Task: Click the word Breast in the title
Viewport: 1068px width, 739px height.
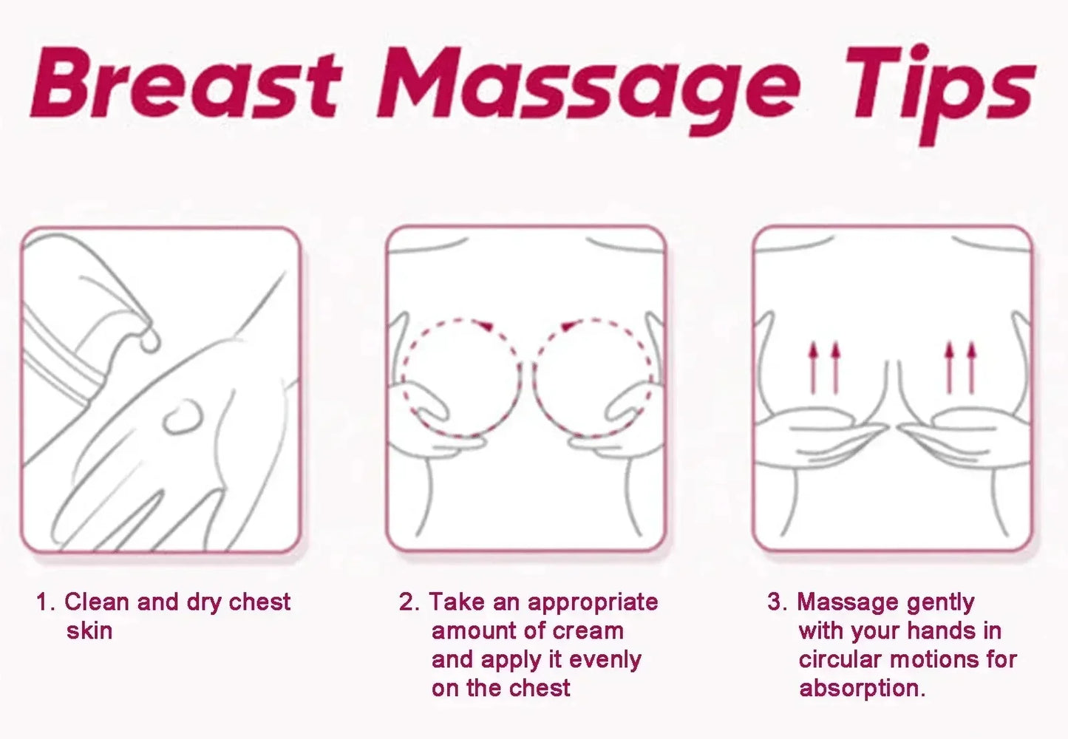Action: (185, 85)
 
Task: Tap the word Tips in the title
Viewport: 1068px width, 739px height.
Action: (939, 89)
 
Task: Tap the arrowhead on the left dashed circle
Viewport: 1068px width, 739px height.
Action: (484, 325)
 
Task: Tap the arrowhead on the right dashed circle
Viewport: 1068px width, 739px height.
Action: (568, 326)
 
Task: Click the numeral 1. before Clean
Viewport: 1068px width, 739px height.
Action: (45, 602)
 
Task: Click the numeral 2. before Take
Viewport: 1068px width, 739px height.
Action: (409, 602)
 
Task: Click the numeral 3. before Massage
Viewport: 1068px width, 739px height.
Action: (777, 602)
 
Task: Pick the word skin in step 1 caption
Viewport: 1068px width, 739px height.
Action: (89, 631)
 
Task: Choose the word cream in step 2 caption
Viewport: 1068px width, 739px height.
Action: (588, 631)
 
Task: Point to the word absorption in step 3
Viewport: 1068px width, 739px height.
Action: (860, 689)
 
